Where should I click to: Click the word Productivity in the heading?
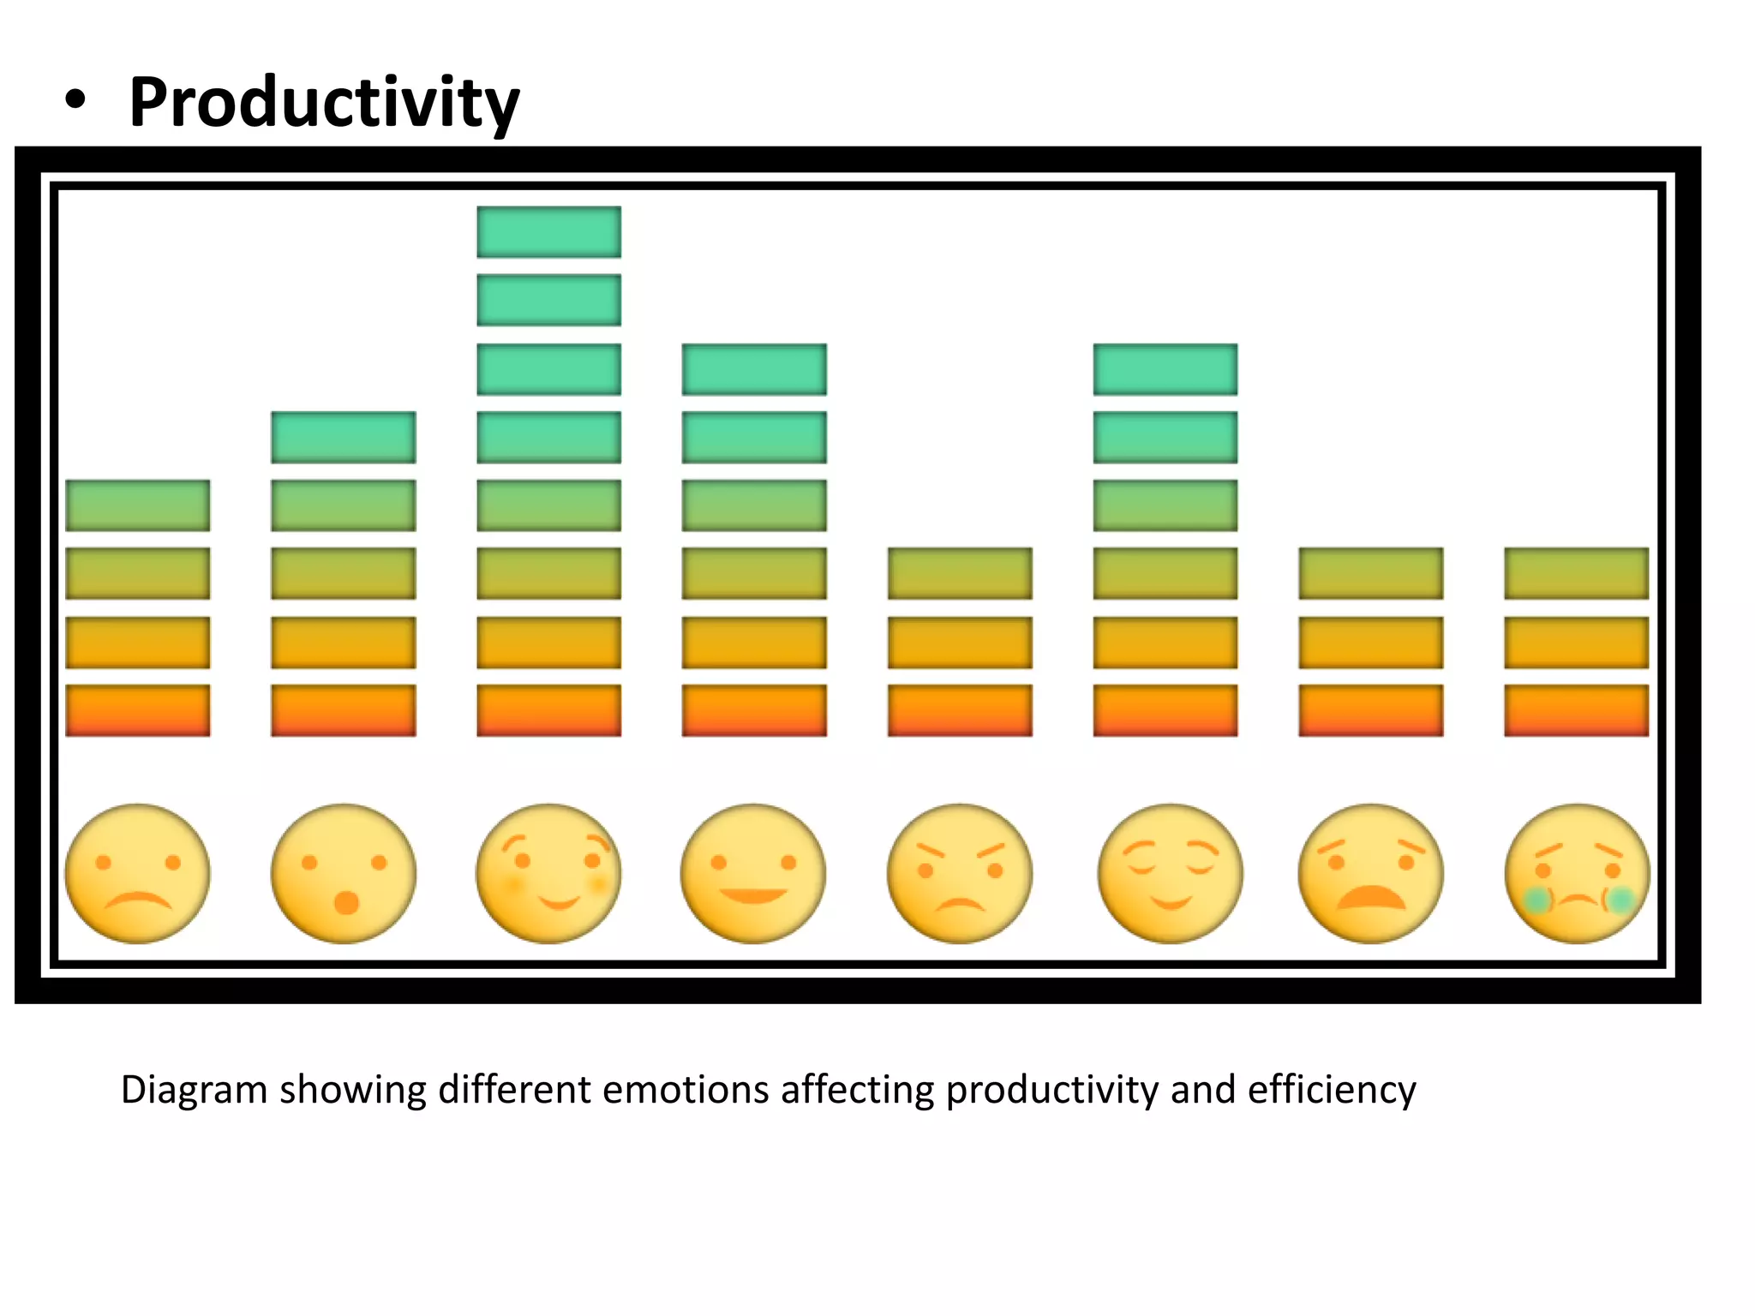click(324, 103)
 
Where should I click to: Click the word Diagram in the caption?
click(194, 1091)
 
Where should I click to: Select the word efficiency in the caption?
click(1331, 1091)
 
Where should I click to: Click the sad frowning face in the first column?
click(137, 874)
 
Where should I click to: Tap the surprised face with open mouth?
click(343, 874)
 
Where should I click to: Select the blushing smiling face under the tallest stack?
click(548, 874)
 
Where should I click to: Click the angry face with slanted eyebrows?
click(959, 874)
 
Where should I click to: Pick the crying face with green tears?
click(1577, 874)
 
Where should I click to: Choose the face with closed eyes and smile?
click(1170, 874)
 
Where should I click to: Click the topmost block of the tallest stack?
click(548, 231)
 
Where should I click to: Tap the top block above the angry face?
click(959, 573)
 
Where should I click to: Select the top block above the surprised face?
click(343, 437)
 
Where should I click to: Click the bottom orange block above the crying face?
click(1576, 710)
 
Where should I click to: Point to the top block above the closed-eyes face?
click(1165, 369)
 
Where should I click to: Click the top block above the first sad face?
click(137, 505)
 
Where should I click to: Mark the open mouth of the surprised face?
click(346, 903)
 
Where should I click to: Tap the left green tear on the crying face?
click(1536, 900)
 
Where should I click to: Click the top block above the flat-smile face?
click(754, 369)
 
